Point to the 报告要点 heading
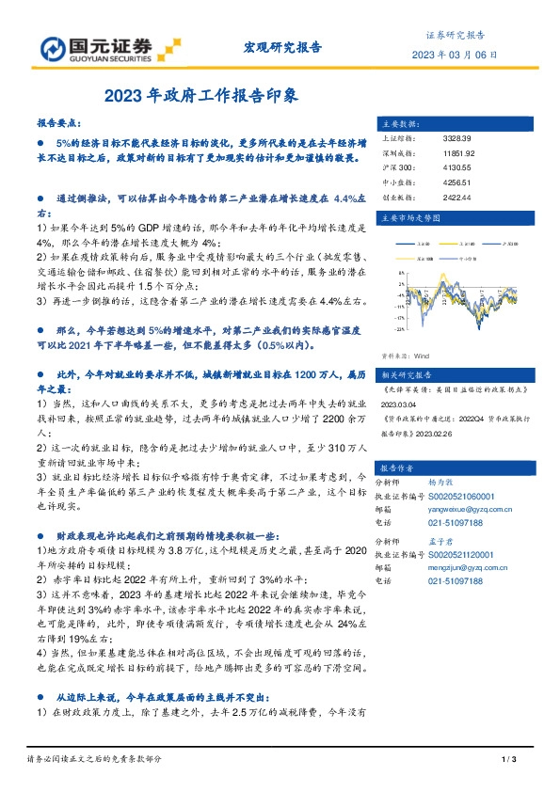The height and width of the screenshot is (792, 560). pos(59,123)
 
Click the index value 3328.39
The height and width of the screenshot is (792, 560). pos(457,138)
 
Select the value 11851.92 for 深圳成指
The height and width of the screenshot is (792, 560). pos(459,151)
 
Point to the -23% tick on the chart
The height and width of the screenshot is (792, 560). pos(401,330)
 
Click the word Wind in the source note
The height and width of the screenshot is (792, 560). pos(422,356)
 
